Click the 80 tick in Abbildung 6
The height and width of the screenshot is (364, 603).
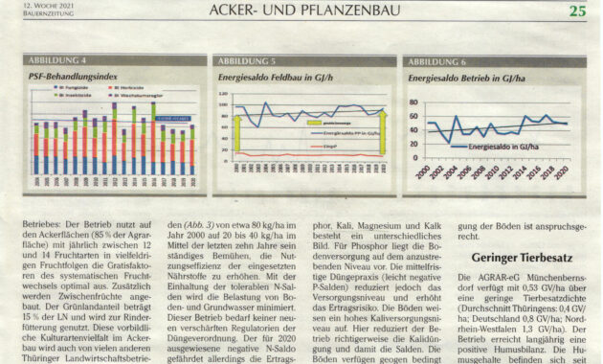click(x=414, y=101)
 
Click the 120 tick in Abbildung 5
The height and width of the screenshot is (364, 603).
click(x=223, y=96)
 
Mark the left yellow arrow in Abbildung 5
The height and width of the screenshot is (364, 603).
click(x=236, y=132)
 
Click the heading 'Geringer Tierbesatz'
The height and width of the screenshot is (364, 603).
click(x=523, y=257)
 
